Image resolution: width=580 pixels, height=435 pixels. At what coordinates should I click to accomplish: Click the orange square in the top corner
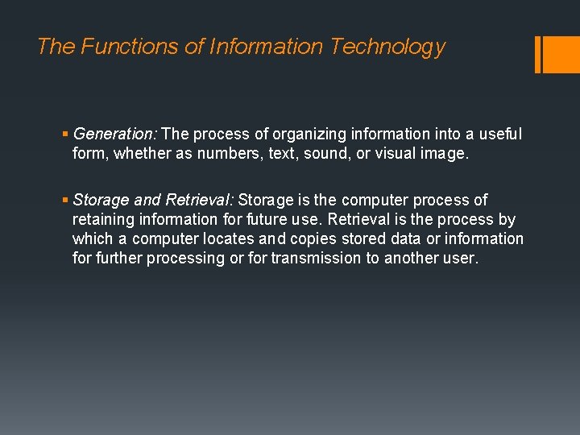coord(562,54)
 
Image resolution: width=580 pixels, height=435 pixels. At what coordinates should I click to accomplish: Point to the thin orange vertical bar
coord(538,54)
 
